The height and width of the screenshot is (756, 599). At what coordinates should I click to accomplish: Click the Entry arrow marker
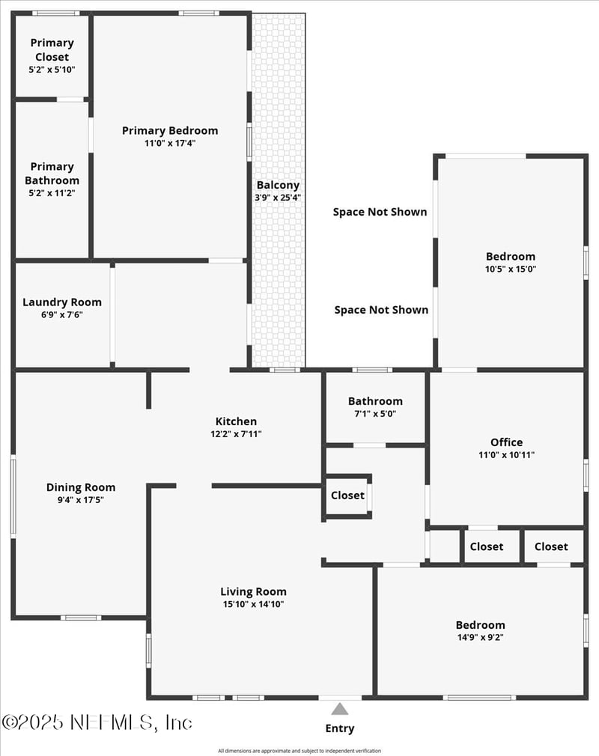(x=340, y=709)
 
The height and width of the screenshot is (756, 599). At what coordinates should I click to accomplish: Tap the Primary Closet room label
(x=52, y=49)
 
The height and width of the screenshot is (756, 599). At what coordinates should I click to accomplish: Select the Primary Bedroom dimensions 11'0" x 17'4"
(x=170, y=143)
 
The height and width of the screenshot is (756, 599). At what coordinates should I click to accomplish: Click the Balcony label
(x=278, y=185)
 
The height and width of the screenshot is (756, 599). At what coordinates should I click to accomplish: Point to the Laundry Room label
(x=62, y=302)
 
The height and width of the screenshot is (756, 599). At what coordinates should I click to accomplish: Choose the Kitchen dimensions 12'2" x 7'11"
(x=236, y=434)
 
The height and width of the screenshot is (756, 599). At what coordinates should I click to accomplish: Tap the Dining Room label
(x=81, y=487)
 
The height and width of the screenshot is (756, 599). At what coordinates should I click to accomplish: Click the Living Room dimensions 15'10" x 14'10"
(x=253, y=604)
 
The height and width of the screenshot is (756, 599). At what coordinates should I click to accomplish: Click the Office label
(x=506, y=442)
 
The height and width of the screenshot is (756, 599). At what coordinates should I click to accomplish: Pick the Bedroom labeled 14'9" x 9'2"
(x=480, y=625)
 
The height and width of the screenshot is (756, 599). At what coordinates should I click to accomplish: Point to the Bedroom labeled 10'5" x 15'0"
(x=511, y=256)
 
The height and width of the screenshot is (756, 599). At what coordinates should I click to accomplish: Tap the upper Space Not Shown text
(x=380, y=212)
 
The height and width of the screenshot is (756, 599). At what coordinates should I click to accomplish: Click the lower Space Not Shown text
(x=381, y=310)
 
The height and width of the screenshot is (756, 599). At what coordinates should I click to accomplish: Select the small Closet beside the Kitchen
(x=347, y=495)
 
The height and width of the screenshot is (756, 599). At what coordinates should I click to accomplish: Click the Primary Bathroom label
(x=52, y=173)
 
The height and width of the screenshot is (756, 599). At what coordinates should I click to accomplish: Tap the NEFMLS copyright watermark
(x=97, y=722)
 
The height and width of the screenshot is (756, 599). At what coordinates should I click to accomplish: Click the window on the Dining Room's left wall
(x=13, y=496)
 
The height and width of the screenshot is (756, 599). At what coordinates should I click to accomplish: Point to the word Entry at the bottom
(x=340, y=728)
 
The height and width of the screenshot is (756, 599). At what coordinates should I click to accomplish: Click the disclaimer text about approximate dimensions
(x=299, y=751)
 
